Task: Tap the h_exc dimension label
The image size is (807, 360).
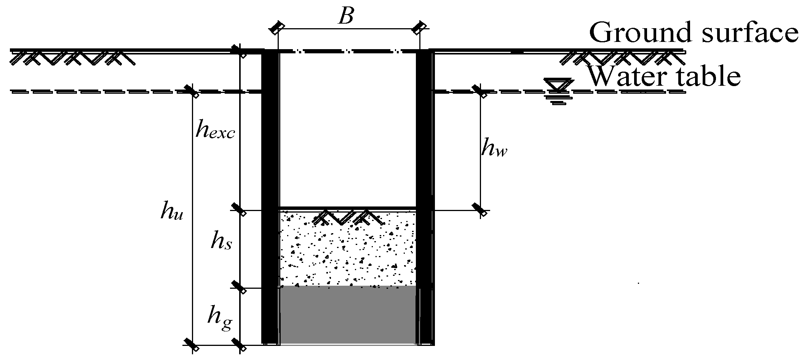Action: (215, 130)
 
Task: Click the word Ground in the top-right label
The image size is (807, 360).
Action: (639, 32)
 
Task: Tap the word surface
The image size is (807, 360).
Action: (746, 32)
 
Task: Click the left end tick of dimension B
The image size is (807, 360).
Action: (277, 28)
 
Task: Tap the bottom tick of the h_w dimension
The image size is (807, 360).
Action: (480, 210)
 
